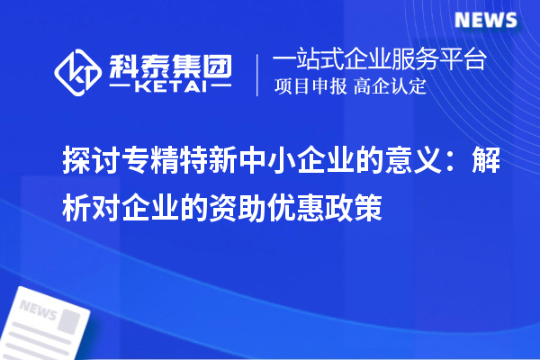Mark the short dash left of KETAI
(120, 88)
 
